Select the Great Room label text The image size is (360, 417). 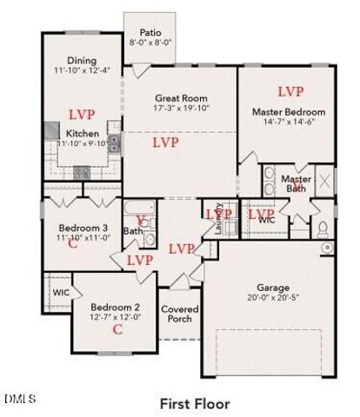tap(179, 98)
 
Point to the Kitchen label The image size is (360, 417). tap(83, 133)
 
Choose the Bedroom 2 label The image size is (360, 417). tap(116, 308)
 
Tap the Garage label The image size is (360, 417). tap(272, 288)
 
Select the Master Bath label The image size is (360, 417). tap(296, 184)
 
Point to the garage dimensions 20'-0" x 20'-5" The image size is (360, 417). tap(272, 298)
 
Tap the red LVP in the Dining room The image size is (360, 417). tap(81, 113)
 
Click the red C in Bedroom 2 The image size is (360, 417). tap(116, 328)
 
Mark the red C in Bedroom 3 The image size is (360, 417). tap(73, 246)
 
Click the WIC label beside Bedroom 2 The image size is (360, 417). tap(59, 292)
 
